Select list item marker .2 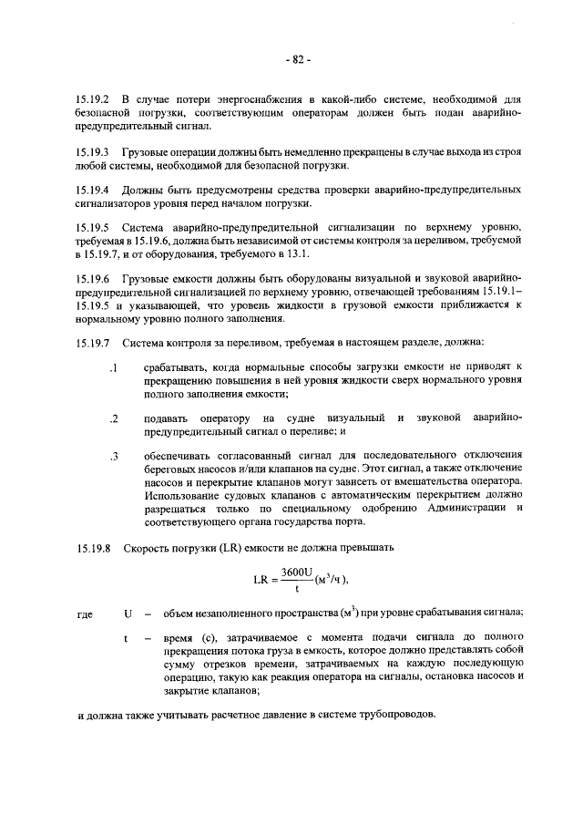(114, 418)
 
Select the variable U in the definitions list (127, 614)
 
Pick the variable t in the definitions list (126, 639)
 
